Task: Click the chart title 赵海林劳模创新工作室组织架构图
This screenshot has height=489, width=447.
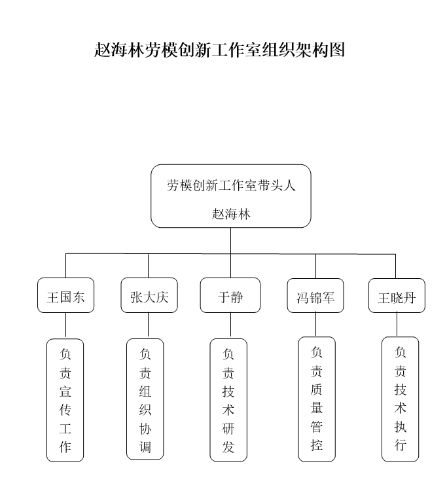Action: tap(219, 50)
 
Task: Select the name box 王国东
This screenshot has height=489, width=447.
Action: tap(65, 295)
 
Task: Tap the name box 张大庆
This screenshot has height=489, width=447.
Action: tap(149, 295)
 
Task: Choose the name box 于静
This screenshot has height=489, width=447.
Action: tap(230, 295)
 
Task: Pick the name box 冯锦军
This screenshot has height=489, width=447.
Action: tap(315, 296)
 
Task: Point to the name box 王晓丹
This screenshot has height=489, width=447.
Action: tap(397, 296)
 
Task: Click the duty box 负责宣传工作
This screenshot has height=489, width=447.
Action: tap(65, 400)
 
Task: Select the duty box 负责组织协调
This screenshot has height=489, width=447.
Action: tap(145, 399)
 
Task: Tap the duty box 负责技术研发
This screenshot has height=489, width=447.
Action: tap(228, 400)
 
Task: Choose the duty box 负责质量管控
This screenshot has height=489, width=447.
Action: tap(317, 399)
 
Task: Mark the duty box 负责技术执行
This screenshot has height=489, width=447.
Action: tap(401, 399)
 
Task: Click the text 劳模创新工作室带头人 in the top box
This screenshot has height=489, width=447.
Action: tap(231, 185)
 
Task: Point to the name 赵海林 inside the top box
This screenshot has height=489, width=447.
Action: tap(231, 214)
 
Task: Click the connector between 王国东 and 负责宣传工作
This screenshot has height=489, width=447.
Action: tap(65, 325)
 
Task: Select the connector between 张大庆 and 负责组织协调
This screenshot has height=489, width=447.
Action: tap(148, 325)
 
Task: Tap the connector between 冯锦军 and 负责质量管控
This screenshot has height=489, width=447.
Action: tap(315, 325)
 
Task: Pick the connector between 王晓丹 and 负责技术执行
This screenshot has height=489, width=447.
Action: tap(397, 325)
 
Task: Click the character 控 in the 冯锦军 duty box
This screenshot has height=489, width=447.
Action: tap(317, 445)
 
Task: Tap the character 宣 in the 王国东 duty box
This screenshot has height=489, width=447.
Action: tap(65, 391)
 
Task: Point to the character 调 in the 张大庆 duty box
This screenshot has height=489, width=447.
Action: tap(145, 447)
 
